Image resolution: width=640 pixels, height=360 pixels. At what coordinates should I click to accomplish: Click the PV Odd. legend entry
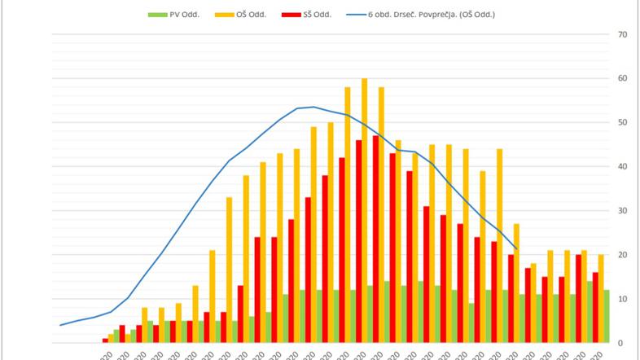(x=177, y=14)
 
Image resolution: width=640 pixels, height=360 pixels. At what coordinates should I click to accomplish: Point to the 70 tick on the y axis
(x=622, y=34)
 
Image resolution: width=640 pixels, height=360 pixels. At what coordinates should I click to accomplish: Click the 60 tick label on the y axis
(x=622, y=78)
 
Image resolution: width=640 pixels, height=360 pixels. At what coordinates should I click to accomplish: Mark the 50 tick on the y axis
(x=622, y=122)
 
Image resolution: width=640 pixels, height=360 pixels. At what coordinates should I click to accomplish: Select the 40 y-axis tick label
(x=622, y=166)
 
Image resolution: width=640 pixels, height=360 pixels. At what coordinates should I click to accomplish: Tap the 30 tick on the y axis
(x=622, y=210)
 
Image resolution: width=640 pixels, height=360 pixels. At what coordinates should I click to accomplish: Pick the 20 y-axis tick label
(x=622, y=254)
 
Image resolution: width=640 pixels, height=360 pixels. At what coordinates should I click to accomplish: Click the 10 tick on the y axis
(x=622, y=299)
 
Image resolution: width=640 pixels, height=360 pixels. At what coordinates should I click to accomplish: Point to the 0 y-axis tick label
(x=622, y=343)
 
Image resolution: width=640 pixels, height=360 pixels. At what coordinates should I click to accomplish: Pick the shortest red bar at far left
(x=105, y=340)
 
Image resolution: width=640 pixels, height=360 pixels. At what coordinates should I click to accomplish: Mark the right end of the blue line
(x=516, y=248)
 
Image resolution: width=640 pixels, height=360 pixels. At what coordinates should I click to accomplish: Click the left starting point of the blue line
(x=61, y=325)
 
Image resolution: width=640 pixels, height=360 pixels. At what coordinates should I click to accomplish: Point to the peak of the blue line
(x=314, y=107)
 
